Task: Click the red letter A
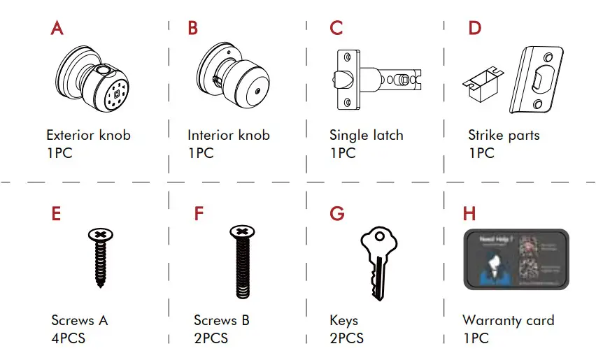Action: pos(57,29)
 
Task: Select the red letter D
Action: pos(475,29)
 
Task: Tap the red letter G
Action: pos(337,213)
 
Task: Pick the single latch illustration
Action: pos(378,78)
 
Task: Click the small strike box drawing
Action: pos(482,83)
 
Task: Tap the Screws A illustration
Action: pos(101,257)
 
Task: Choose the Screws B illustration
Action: pos(241,262)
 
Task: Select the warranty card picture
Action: pos(516,259)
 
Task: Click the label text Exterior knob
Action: pos(88,135)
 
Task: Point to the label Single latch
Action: pos(366,135)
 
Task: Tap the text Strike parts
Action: pos(504,135)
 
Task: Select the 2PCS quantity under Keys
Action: pos(346,338)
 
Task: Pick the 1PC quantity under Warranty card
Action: pos(476,338)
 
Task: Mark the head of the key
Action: pos(378,242)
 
